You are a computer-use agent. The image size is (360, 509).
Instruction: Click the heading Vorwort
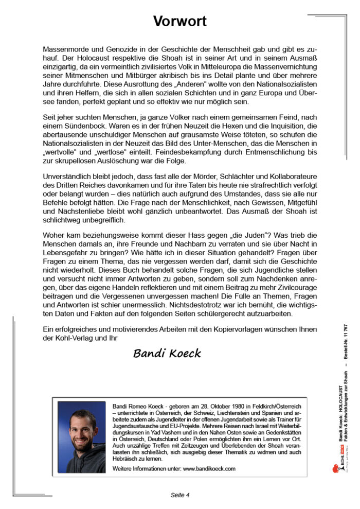pos(179,21)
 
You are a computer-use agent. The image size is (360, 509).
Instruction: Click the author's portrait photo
pos(82,430)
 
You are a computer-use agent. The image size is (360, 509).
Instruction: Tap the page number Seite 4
pos(180,495)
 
